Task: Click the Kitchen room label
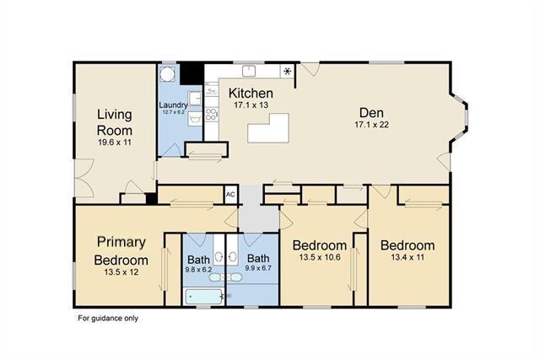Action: [x=251, y=93]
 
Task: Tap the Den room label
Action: [x=371, y=112]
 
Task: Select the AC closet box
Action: [x=230, y=195]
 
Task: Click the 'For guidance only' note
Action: [x=108, y=319]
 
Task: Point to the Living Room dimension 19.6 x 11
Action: [x=115, y=142]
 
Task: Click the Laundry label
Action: [x=173, y=105]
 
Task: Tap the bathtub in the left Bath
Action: [x=204, y=297]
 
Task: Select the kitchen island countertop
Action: [x=268, y=128]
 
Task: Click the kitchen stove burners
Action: [x=211, y=115]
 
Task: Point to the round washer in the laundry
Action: [x=168, y=74]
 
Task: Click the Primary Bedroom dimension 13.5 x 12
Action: [x=121, y=272]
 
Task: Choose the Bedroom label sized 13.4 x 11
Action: [x=408, y=245]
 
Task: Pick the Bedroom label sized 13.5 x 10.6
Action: [x=320, y=245]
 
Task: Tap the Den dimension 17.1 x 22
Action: [x=371, y=125]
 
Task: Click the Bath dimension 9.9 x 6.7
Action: [x=258, y=267]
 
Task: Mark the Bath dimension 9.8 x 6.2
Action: [x=198, y=270]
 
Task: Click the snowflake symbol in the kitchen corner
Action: [x=287, y=72]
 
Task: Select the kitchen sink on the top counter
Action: [x=249, y=71]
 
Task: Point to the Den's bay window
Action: [x=460, y=116]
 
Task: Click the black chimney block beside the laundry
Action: [x=192, y=73]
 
